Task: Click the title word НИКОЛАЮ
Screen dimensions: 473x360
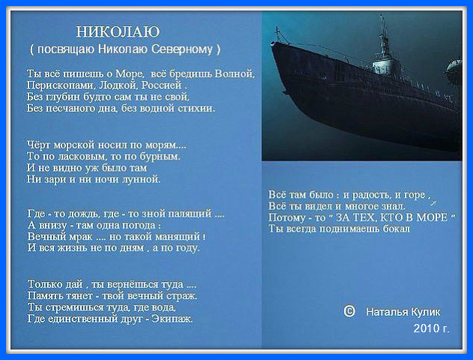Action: [x=118, y=32]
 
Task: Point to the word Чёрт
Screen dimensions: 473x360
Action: [x=39, y=145]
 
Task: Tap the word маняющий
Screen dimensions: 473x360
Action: [x=178, y=236]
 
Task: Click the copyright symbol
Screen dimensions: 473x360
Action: [x=349, y=310]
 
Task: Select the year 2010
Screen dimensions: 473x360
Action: [x=426, y=328]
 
